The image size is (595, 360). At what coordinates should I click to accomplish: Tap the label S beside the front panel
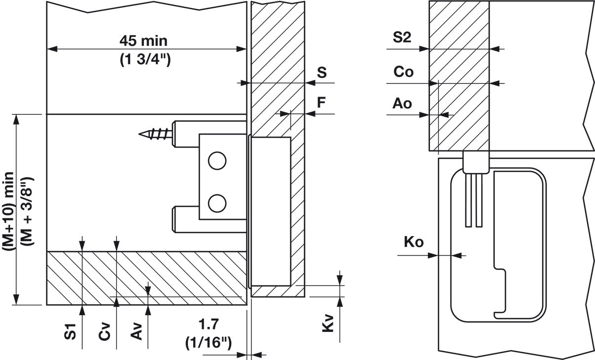321,73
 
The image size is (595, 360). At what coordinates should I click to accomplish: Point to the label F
321,103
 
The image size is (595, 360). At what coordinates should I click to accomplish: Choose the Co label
403,72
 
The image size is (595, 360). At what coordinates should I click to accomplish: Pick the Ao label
402,104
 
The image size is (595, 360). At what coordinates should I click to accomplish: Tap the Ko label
414,242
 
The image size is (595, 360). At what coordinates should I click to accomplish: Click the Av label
138,332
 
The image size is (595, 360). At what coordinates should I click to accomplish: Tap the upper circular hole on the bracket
216,161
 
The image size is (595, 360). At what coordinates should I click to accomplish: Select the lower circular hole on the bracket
216,202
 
